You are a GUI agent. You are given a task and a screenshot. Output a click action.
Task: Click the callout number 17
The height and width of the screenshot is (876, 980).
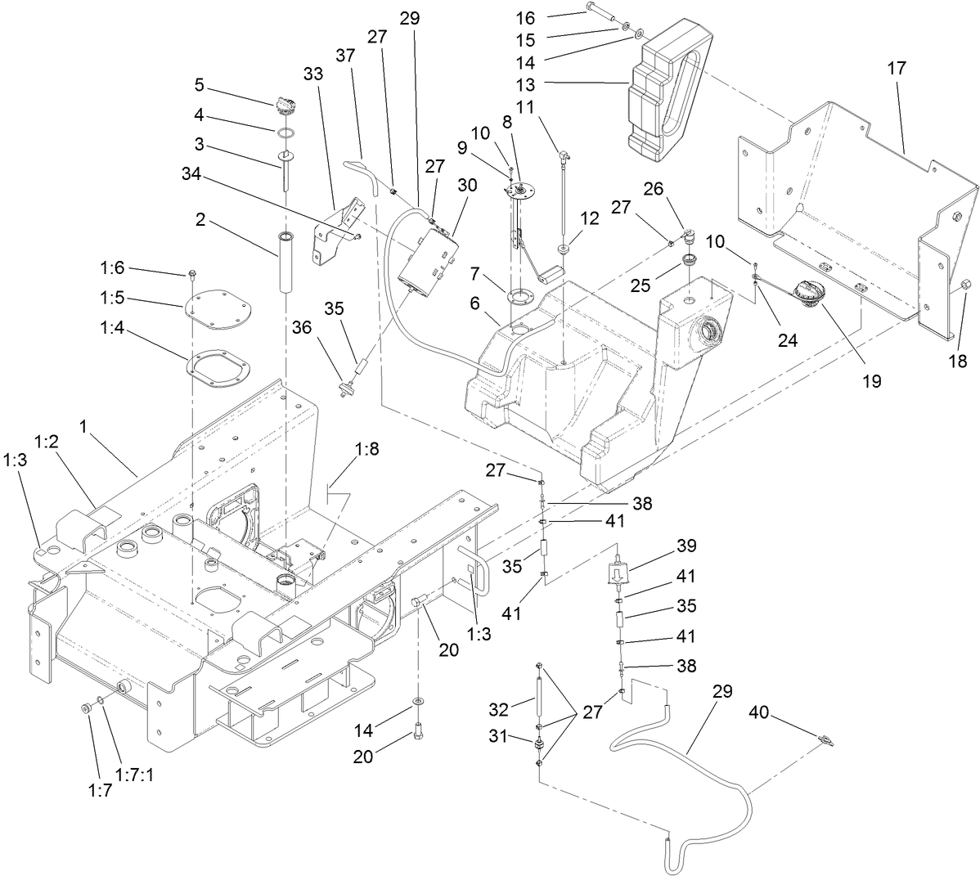pyautogui.click(x=897, y=70)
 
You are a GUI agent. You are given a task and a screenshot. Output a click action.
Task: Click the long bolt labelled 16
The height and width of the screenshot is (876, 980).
pyautogui.click(x=602, y=11)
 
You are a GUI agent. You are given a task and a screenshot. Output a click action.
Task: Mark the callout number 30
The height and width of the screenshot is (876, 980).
pyautogui.click(x=467, y=186)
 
